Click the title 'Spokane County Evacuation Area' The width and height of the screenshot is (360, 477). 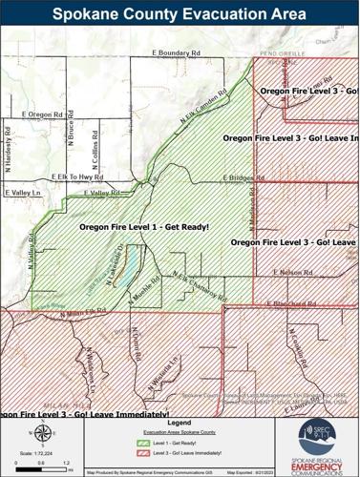pyautogui.click(x=180, y=13)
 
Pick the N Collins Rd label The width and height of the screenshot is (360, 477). pyautogui.click(x=101, y=148)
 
